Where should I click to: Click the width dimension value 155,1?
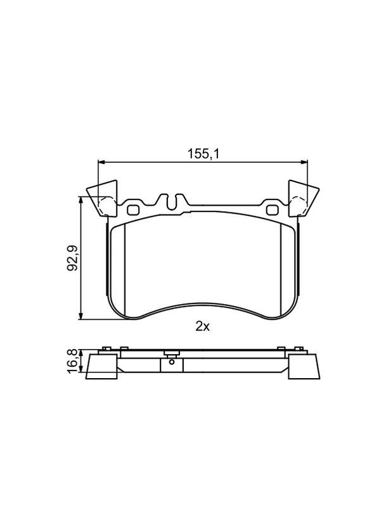(203, 153)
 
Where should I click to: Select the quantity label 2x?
(203, 326)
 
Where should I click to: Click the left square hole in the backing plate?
(134, 208)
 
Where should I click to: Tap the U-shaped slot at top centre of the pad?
(171, 202)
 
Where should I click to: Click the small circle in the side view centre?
(171, 364)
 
